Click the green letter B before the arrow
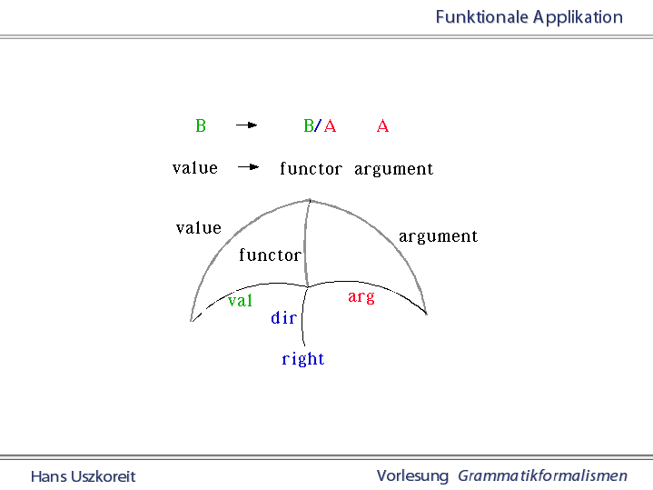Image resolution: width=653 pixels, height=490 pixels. click(201, 126)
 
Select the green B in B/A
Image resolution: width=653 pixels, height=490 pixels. click(308, 126)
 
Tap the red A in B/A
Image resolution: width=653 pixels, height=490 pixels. click(330, 126)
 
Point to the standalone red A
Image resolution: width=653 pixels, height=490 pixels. click(382, 126)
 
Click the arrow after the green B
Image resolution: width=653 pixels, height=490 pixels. click(246, 125)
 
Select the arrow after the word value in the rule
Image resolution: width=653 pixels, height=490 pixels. click(249, 167)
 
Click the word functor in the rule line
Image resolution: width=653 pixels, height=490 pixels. click(311, 169)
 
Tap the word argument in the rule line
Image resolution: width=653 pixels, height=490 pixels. click(393, 169)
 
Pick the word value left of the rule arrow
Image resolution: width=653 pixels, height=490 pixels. click(195, 168)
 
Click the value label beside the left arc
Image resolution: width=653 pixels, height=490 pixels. click(199, 228)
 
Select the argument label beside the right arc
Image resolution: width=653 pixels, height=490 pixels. click(438, 236)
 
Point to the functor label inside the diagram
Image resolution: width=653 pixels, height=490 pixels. click(270, 255)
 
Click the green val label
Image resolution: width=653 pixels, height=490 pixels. click(240, 301)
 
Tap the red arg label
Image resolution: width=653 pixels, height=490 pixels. click(361, 297)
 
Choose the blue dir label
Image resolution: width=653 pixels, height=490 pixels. click(284, 318)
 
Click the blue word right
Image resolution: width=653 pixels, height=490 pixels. click(303, 359)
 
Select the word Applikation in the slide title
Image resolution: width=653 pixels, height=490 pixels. click(578, 17)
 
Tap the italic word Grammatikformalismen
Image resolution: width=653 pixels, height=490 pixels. click(542, 475)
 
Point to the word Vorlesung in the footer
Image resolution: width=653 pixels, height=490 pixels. click(412, 475)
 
